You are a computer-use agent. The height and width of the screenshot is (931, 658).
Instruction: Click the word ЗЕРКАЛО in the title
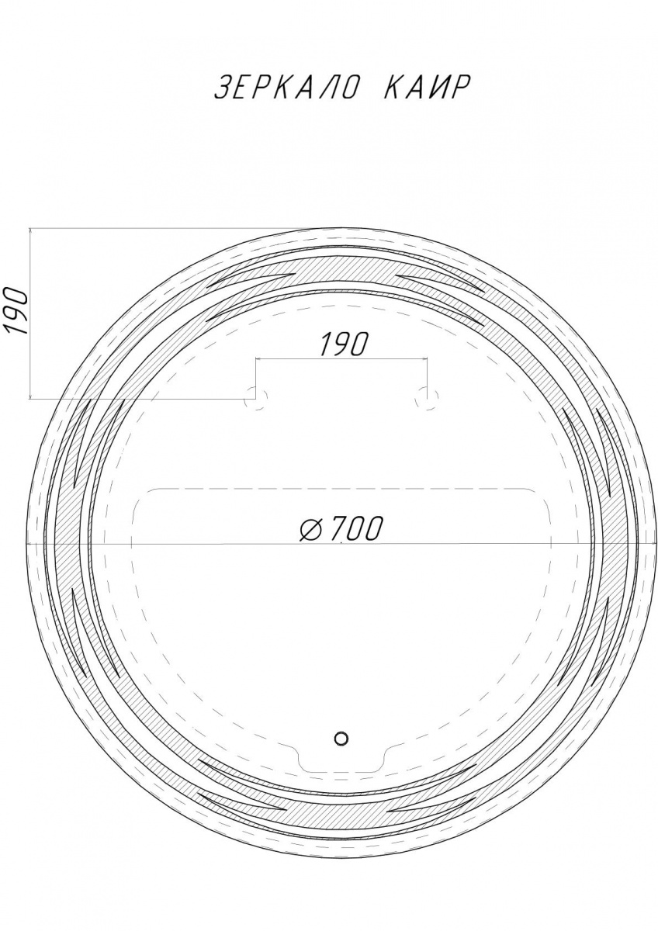[x=285, y=88]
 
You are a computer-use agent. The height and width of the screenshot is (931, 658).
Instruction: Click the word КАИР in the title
[x=427, y=88]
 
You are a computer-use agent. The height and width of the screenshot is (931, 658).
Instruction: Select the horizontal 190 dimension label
[x=345, y=344]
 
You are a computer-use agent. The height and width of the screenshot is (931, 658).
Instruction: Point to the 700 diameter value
[x=355, y=528]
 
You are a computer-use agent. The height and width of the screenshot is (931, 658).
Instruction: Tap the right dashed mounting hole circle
[x=427, y=397]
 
